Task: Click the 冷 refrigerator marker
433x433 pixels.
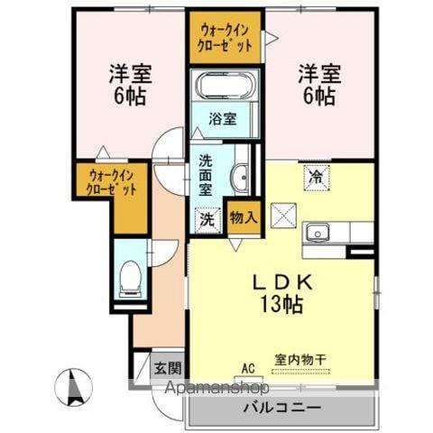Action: tap(316, 177)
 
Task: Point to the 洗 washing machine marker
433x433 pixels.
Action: tap(207, 218)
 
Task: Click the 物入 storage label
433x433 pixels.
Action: tap(242, 217)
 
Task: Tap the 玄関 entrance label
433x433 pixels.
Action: tap(166, 367)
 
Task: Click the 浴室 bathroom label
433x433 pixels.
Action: tap(223, 118)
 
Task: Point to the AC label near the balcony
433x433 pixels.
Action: tap(248, 368)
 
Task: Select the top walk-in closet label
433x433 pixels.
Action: tap(226, 35)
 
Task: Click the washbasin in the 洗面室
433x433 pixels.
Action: tap(240, 177)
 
